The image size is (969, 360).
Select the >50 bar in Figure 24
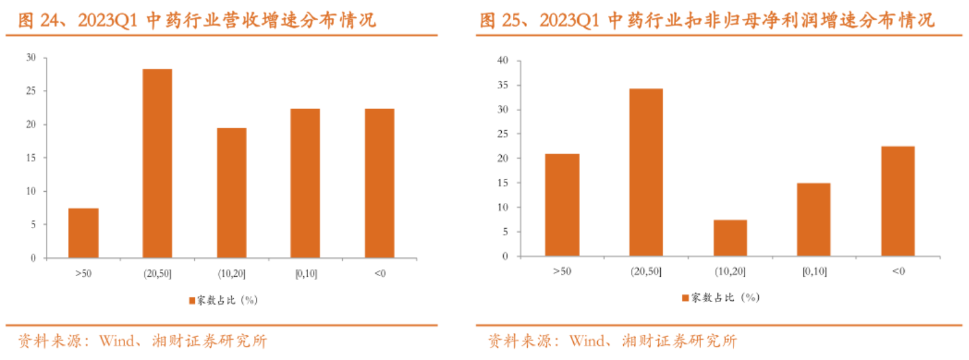pos(83,233)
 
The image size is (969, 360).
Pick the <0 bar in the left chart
pos(379,183)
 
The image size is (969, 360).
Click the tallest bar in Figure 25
pos(646,173)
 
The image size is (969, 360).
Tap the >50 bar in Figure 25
pos(562,205)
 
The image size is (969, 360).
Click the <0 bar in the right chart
pos(898,201)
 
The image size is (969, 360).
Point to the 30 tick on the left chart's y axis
pos(31,57)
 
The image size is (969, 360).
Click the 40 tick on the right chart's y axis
pos(503,60)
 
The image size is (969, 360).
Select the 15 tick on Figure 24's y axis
pos(31,158)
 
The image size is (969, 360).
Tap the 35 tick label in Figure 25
pos(503,85)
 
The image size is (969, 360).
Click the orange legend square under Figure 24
pos(192,300)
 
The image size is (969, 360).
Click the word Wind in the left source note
pos(117,341)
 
